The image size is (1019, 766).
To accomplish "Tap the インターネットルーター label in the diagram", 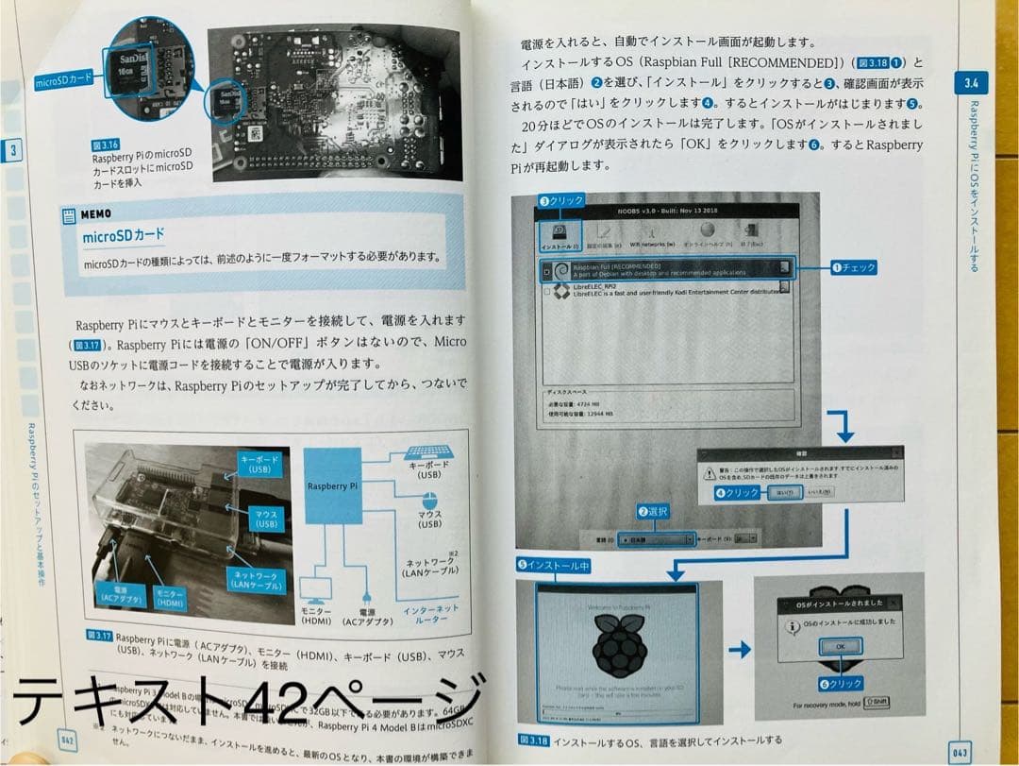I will pyautogui.click(x=430, y=615).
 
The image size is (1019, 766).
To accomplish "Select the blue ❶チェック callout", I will pyautogui.click(x=852, y=268).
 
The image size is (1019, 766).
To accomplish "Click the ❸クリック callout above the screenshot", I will pyautogui.click(x=560, y=201).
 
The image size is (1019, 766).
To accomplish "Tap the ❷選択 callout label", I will pyautogui.click(x=654, y=511).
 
